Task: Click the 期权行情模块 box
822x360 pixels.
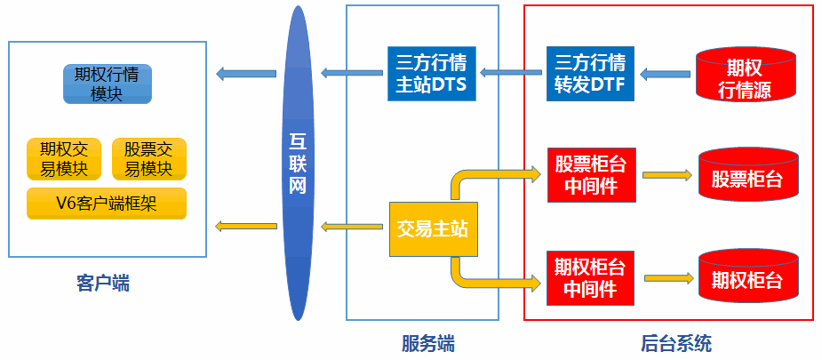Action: (x=107, y=84)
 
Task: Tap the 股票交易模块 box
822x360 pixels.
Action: (x=148, y=159)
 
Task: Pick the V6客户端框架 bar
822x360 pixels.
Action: (x=107, y=203)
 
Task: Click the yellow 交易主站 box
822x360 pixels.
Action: (x=431, y=229)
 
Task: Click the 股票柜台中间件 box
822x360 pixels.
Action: (x=591, y=174)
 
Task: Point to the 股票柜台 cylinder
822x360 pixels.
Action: (x=746, y=177)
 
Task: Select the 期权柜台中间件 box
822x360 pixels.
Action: (x=591, y=278)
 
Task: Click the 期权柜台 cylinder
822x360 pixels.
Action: (x=746, y=279)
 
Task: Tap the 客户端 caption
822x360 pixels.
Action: (x=104, y=284)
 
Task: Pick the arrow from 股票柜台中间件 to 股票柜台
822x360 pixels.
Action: (x=667, y=175)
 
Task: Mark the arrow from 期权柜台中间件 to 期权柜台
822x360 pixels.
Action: (x=667, y=279)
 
